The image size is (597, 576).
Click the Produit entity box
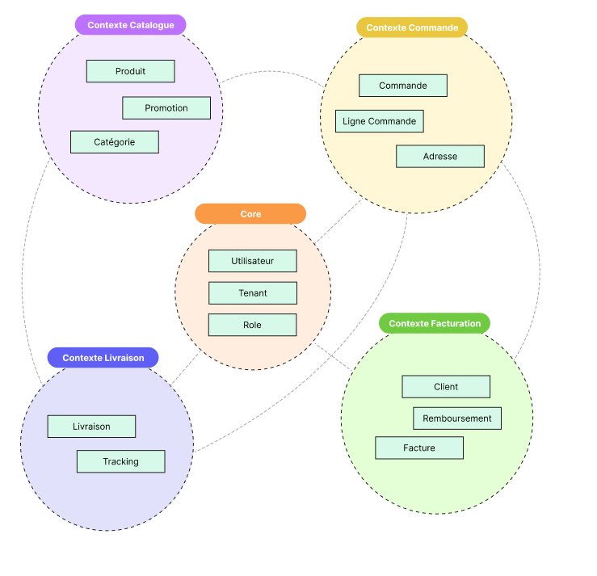(x=130, y=71)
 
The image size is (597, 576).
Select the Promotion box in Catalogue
(x=166, y=107)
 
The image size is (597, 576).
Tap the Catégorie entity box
(x=114, y=141)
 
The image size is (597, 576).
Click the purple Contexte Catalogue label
(x=131, y=25)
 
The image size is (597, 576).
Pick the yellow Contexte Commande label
(x=412, y=27)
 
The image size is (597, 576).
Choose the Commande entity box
(x=403, y=85)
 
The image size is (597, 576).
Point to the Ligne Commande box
(x=379, y=121)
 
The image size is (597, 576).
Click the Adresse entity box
(x=439, y=156)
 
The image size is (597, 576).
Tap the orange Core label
(x=250, y=213)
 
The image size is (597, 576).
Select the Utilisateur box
(x=252, y=261)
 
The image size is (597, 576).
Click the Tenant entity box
(x=252, y=292)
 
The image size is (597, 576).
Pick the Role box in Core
(x=252, y=325)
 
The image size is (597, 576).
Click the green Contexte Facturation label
(x=435, y=323)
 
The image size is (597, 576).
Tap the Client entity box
(x=445, y=386)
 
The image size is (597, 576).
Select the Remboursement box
(x=457, y=418)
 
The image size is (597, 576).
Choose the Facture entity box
(x=418, y=448)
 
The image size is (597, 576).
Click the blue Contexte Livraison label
(x=103, y=357)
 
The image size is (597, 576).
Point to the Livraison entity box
(x=91, y=426)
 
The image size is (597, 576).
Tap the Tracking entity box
(x=120, y=461)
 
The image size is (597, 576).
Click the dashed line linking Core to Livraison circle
(x=185, y=368)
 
